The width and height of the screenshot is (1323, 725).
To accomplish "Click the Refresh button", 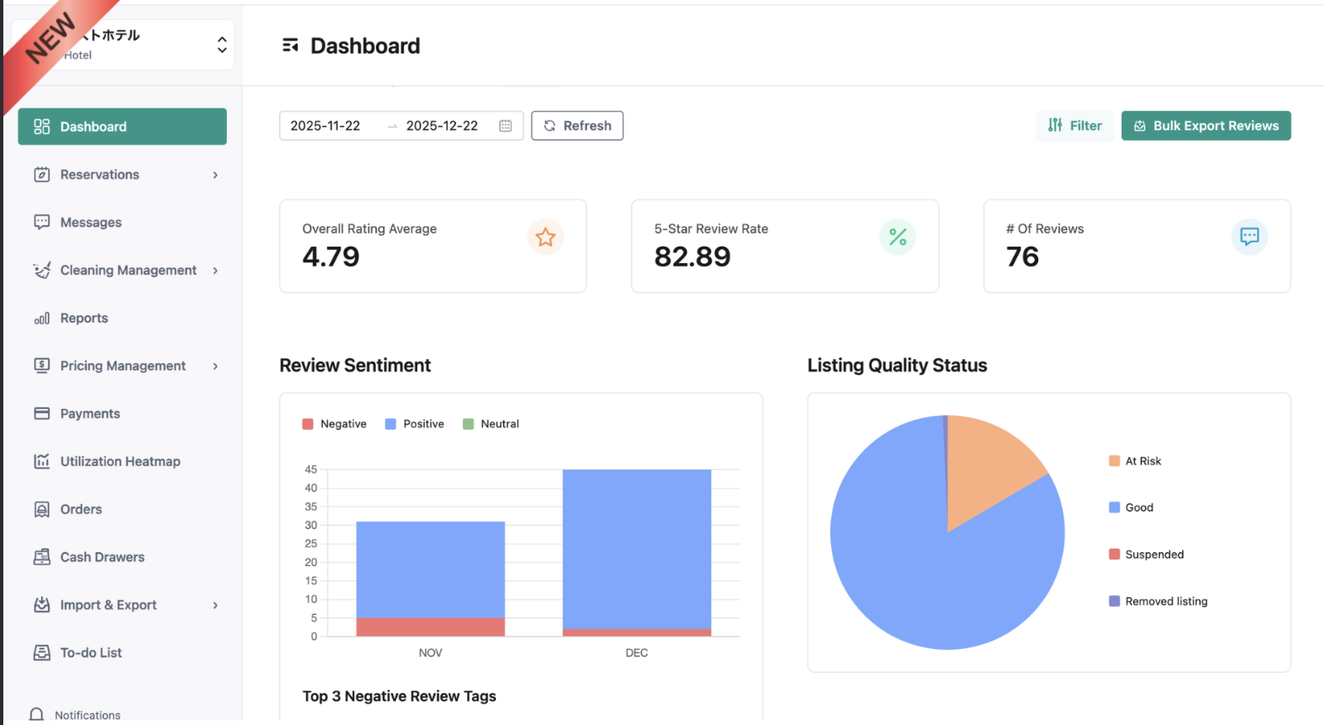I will pyautogui.click(x=577, y=126).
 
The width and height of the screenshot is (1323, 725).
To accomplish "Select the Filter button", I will pyautogui.click(x=1075, y=126).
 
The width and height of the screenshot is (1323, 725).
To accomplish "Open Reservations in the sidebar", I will pyautogui.click(x=99, y=175).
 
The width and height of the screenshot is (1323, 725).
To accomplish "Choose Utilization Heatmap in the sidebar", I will pyautogui.click(x=119, y=462).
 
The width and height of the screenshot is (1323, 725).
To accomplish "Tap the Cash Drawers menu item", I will pyautogui.click(x=102, y=557).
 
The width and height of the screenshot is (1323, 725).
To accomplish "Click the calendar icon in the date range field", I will pyautogui.click(x=506, y=126).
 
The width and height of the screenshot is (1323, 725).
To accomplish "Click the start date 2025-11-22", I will pyautogui.click(x=325, y=126).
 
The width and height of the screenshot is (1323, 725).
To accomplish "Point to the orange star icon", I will pyautogui.click(x=546, y=238).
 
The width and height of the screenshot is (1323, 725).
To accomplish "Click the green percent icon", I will pyautogui.click(x=897, y=238).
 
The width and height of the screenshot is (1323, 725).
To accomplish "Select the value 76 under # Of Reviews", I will pyautogui.click(x=1022, y=257).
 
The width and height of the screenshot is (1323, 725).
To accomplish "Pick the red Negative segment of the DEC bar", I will pyautogui.click(x=637, y=632).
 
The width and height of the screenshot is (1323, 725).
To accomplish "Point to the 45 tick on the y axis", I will pyautogui.click(x=311, y=469).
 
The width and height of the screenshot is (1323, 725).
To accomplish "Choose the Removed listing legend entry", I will pyautogui.click(x=1158, y=602).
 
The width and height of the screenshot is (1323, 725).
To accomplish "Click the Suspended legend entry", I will pyautogui.click(x=1147, y=555).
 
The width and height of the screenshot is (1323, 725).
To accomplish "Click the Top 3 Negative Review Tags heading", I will pyautogui.click(x=399, y=696).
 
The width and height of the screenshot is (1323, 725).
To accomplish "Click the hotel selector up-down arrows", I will pyautogui.click(x=222, y=45).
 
